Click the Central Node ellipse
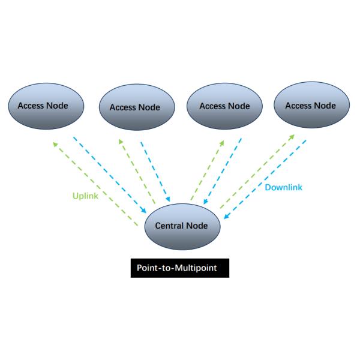(181, 226)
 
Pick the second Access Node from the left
(134, 107)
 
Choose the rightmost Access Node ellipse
(310, 106)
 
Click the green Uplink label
(85, 196)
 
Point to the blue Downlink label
(284, 187)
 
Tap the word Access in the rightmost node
(298, 106)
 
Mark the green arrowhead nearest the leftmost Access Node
(55, 144)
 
